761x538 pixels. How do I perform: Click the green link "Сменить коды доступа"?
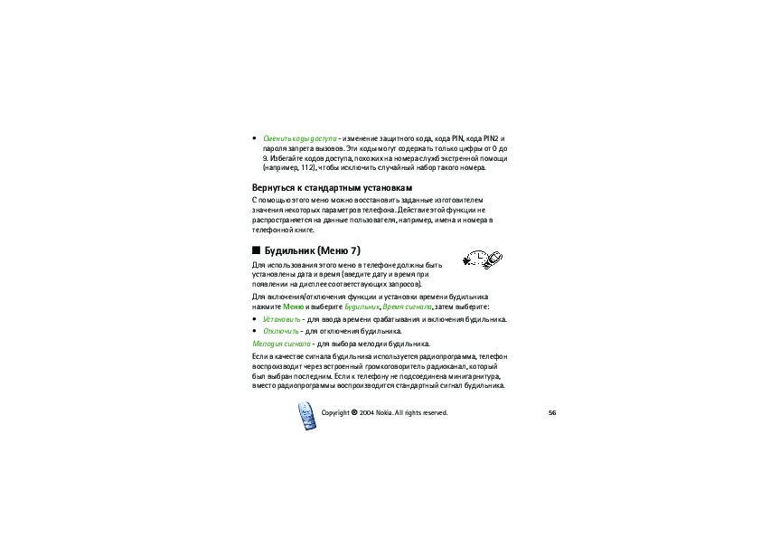coord(299,137)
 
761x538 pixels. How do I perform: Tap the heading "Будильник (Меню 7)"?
coord(313,250)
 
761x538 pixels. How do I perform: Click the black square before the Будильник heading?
coord(256,250)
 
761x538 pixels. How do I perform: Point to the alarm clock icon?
coord(481,260)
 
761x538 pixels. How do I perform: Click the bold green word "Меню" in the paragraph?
coord(293,307)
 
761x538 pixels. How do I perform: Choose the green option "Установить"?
coord(281,319)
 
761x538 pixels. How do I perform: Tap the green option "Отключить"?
coord(280,331)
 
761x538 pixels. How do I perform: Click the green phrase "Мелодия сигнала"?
coord(281,345)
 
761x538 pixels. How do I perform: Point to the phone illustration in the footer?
coord(306,417)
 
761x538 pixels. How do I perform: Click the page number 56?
coord(551,412)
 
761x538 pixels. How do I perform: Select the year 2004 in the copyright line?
coord(366,412)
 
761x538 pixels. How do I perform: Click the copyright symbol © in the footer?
coord(354,412)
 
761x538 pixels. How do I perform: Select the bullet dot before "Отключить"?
coord(254,332)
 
